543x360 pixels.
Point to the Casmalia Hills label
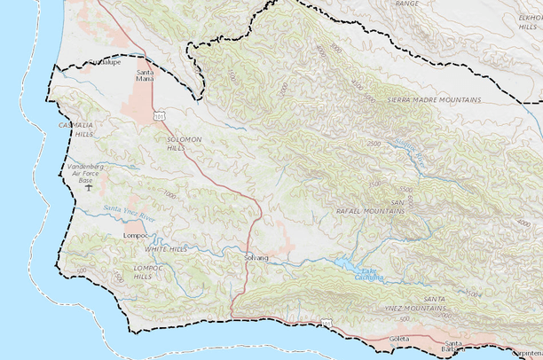coord(76,129)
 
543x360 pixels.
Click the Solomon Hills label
coord(185,144)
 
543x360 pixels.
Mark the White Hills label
coord(167,249)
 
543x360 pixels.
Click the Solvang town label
coord(255,257)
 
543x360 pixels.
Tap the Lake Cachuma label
coord(368,275)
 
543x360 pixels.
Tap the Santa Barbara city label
coord(453,346)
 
